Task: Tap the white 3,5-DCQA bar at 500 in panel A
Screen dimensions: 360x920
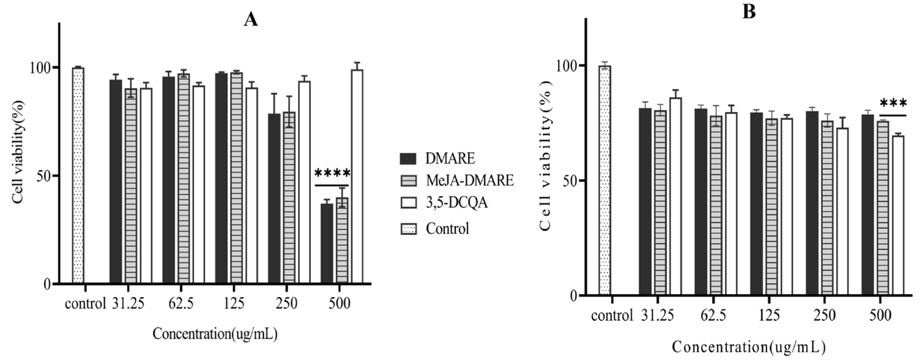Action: point(357,177)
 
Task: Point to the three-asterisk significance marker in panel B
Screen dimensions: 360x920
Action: point(893,104)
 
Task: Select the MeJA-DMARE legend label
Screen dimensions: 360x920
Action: point(469,181)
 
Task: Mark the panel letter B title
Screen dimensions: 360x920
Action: point(749,12)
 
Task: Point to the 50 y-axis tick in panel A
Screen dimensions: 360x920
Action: point(44,176)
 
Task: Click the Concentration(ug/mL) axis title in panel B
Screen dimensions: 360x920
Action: point(749,347)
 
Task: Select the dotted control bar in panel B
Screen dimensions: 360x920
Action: point(605,180)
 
